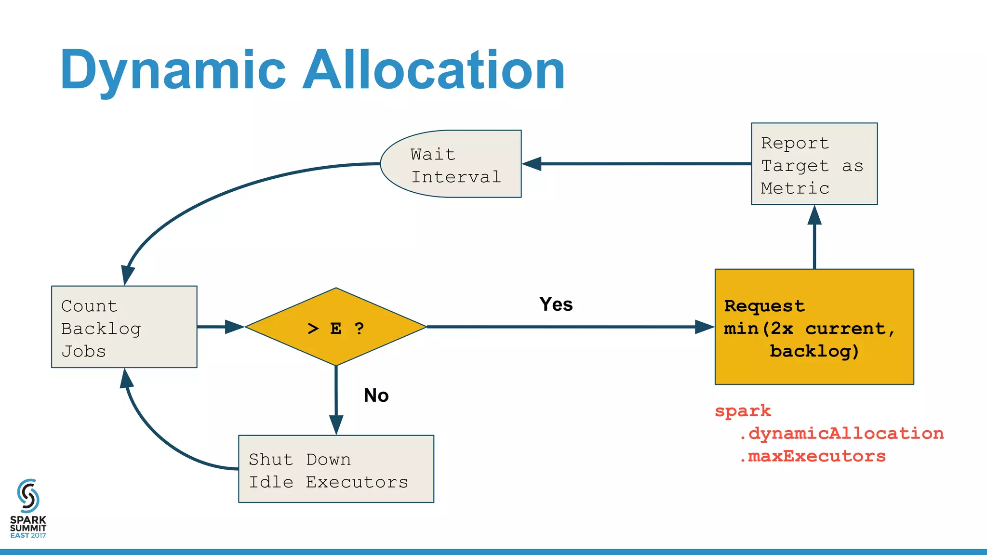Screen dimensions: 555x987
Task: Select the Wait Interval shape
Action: (x=451, y=164)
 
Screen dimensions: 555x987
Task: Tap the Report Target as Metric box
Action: (x=814, y=164)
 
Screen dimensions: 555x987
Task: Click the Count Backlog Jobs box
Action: (x=124, y=327)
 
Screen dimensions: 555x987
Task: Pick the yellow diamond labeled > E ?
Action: (x=336, y=327)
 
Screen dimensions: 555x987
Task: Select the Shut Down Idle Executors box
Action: (x=336, y=469)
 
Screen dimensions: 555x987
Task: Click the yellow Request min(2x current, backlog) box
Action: (x=814, y=327)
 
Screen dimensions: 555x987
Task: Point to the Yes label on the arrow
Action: (x=556, y=304)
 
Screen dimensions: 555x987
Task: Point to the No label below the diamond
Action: (x=376, y=396)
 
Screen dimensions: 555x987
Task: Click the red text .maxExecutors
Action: (x=812, y=456)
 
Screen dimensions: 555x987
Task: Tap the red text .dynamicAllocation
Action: (x=841, y=433)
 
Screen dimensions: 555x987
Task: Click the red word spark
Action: (x=743, y=411)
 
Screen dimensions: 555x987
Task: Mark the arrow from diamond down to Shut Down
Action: (x=336, y=400)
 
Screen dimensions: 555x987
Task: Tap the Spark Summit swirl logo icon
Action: (x=28, y=495)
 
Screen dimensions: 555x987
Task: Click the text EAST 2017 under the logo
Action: (x=28, y=535)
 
